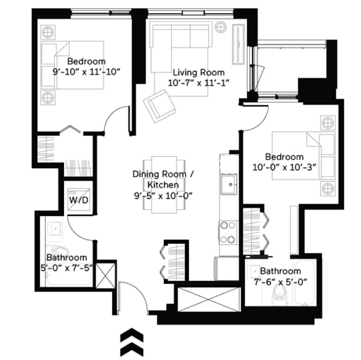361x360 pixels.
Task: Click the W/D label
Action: pos(79,200)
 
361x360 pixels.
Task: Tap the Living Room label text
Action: pos(199,73)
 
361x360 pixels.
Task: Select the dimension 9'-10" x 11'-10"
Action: pos(86,71)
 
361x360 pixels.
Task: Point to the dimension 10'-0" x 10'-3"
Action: pos(284,167)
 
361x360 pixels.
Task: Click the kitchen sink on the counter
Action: pos(228,184)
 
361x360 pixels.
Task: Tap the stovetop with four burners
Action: pos(228,233)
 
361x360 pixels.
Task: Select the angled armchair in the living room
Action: pos(160,106)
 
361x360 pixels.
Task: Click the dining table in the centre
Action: pos(164,185)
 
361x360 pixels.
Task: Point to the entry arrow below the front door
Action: pos(132,342)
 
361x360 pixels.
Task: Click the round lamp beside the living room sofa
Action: pos(221,27)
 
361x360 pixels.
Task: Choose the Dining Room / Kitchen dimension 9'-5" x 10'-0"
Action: pos(163,196)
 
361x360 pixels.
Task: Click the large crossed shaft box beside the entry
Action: pos(209,299)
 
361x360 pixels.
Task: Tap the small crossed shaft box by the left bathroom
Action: pos(105,276)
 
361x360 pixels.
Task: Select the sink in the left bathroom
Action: pos(55,228)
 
